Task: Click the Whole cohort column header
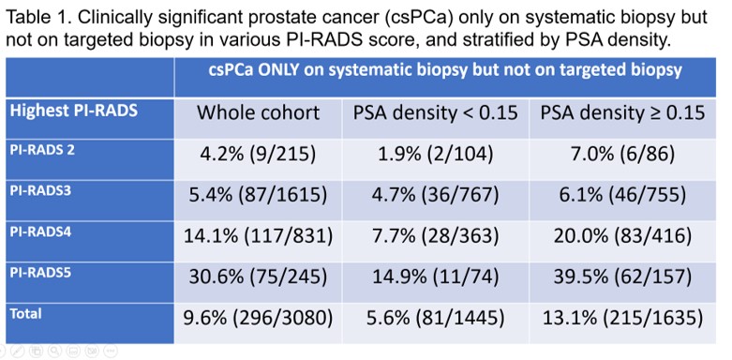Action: pos(258,113)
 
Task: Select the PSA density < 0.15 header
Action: pos(435,113)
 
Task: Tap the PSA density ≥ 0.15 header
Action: pos(622,113)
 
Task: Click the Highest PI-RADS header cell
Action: pos(74,112)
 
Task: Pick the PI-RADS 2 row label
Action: pos(42,151)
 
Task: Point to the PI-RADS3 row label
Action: pos(40,191)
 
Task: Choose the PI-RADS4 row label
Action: pos(40,232)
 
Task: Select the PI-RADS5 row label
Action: pos(40,272)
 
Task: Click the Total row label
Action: pos(25,313)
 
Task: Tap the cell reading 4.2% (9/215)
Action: pos(258,155)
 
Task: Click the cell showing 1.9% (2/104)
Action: pos(435,155)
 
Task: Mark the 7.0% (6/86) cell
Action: pos(622,155)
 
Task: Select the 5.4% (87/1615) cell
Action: pos(258,195)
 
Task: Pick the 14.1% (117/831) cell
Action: pos(258,236)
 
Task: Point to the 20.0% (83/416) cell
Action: pos(622,236)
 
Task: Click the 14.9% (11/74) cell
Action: pos(435,277)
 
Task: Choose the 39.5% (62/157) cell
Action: pos(622,277)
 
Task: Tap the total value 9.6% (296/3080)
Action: pos(258,318)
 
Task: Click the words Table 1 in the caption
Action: pos(36,18)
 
